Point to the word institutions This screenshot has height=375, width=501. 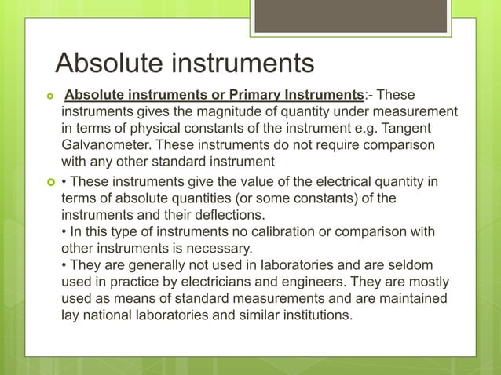[309, 315]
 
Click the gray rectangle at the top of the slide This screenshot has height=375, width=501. [351, 16]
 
